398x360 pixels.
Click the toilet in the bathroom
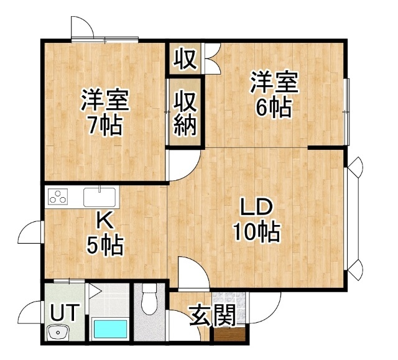149,299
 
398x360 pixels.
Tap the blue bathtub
111,329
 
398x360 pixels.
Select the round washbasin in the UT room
58,332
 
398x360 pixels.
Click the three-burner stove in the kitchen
58,196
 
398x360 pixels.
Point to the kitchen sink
99,197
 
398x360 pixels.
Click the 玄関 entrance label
213,315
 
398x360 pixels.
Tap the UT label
63,313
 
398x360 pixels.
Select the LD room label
256,208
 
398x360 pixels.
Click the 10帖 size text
257,232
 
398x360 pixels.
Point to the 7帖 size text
105,126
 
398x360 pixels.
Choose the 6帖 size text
274,108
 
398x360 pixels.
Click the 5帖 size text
105,246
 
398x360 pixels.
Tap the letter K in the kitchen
105,221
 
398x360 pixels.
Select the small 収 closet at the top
185,59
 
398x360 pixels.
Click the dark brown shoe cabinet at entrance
229,335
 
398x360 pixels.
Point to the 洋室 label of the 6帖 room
274,82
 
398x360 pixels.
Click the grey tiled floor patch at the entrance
229,308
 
